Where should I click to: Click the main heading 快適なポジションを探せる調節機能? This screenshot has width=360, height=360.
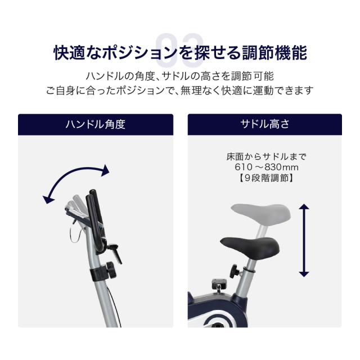point(180,52)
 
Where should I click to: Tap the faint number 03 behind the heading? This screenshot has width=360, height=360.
point(179,50)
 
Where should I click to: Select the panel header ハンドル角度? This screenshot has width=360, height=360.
point(96,124)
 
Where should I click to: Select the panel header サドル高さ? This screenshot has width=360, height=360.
point(265,124)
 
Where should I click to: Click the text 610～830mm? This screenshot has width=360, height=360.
point(266,167)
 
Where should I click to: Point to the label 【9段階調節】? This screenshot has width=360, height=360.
point(266,178)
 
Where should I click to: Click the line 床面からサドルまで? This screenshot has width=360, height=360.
point(266,157)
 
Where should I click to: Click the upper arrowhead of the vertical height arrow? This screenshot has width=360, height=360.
point(304,206)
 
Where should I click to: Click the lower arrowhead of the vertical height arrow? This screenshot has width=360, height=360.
point(304,274)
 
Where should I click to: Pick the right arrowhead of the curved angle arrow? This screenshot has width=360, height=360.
point(105,170)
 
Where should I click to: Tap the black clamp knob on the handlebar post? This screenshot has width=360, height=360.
point(111,270)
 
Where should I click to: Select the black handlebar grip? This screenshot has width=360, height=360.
point(95,222)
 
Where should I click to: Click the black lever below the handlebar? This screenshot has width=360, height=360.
point(115,253)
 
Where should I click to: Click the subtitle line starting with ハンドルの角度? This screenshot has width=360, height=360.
point(180,76)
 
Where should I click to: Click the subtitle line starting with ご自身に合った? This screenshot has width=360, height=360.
point(180,90)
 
